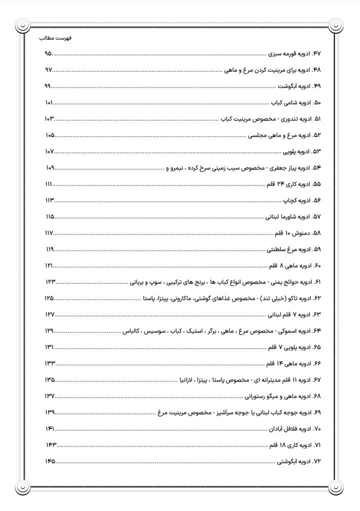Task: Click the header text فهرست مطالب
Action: click(x=55, y=37)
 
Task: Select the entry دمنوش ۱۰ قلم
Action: click(x=293, y=233)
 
